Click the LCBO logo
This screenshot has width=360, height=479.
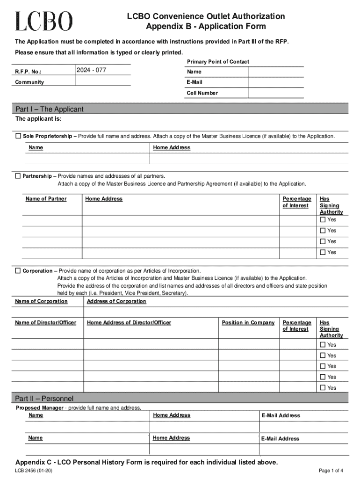pos(44,21)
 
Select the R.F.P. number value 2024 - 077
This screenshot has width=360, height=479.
pos(91,71)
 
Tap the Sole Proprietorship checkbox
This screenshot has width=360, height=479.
pos(18,136)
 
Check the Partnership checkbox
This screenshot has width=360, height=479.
pos(18,176)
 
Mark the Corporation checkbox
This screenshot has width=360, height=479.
pos(18,271)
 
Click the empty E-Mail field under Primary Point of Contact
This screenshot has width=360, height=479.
pos(276,82)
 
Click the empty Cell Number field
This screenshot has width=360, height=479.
pos(276,93)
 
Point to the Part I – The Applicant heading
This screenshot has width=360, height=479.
pos(49,109)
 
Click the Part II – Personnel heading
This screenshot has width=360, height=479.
pos(44,399)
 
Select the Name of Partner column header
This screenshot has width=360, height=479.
pos(46,199)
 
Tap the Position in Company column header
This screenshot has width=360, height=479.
pos(248,323)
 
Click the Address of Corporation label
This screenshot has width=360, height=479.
pos(116,301)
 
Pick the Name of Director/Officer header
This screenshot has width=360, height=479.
pos(45,323)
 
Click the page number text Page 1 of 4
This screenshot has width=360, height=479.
pos(331,471)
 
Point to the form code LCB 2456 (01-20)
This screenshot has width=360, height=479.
pos(34,471)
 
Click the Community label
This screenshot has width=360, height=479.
pos(29,82)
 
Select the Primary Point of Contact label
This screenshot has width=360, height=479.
pos(218,62)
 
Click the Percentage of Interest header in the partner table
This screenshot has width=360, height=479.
pos(296,202)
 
